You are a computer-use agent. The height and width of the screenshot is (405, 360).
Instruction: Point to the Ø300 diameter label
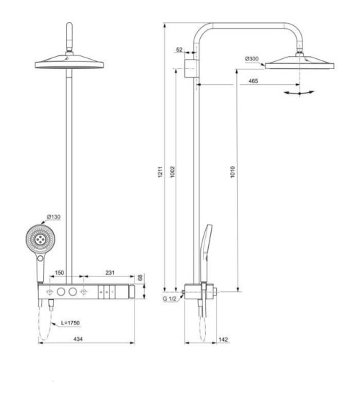252,58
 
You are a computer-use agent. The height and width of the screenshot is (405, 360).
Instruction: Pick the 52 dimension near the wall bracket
179,50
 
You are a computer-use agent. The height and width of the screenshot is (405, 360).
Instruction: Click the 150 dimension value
60,273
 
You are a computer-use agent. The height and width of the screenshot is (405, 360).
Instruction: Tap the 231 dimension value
110,273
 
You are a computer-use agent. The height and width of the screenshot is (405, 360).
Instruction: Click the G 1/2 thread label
169,298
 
